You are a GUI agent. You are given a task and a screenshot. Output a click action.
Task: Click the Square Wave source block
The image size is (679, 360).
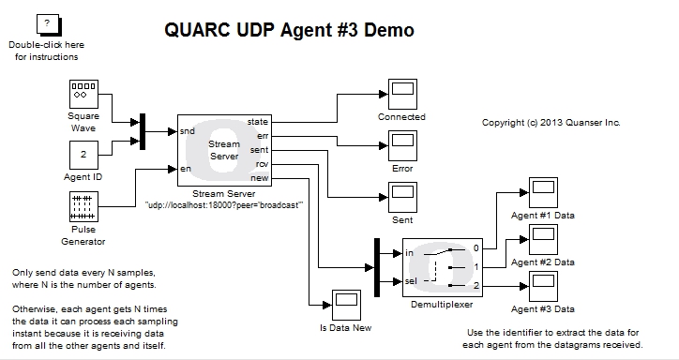(83, 95)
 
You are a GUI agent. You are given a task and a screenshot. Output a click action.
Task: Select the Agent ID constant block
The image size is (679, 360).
(83, 155)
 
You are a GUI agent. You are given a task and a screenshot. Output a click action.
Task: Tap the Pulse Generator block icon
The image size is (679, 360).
(83, 206)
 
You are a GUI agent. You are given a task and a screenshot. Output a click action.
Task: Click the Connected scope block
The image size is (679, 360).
(401, 94)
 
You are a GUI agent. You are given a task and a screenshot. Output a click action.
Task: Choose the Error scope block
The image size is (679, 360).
(401, 145)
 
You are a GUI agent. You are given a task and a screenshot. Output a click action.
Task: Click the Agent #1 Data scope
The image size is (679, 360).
(543, 193)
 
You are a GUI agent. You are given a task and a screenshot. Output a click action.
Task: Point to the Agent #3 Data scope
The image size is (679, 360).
(543, 285)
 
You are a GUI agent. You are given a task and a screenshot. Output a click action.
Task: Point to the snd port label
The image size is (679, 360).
(188, 131)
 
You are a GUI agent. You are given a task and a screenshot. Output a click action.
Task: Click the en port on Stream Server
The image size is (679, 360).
(186, 170)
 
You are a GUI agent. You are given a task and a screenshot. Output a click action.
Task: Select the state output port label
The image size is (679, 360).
(256, 123)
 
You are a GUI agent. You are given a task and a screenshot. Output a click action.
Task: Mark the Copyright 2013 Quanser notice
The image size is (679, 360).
(551, 123)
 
